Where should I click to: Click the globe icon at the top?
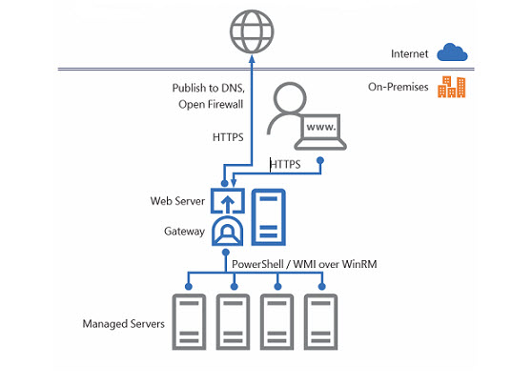252,31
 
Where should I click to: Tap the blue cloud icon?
452,52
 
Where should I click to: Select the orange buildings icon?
452,87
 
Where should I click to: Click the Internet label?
410,54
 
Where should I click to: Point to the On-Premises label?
398,87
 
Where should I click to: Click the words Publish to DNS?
208,88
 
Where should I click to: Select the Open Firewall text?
211,104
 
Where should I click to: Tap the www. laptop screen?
320,127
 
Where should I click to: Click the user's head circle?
290,99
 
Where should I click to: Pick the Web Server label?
177,201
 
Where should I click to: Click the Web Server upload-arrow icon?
228,201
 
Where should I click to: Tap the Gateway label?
184,232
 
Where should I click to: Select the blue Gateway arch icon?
227,231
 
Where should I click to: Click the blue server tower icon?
268,217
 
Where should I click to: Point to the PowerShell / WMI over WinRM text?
304,264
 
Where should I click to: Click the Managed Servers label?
124,324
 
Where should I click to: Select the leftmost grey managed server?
189,322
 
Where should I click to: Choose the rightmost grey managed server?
320,322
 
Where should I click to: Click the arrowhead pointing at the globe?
252,59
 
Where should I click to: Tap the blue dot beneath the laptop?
320,160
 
